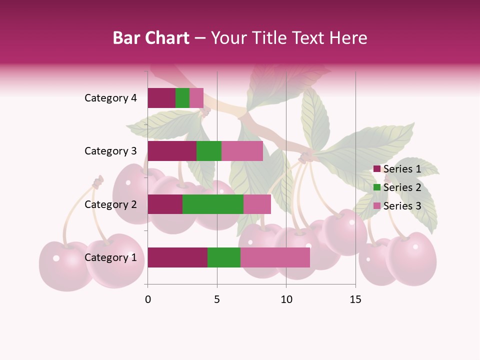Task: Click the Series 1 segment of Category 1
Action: pyautogui.click(x=177, y=257)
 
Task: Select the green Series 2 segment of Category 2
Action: pyautogui.click(x=213, y=204)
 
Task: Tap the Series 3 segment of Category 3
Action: pyautogui.click(x=242, y=151)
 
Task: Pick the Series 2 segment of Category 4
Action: pyautogui.click(x=182, y=98)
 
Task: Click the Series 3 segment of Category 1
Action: pyautogui.click(x=275, y=257)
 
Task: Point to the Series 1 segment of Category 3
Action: pyautogui.click(x=172, y=151)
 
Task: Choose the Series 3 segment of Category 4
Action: pyautogui.click(x=196, y=98)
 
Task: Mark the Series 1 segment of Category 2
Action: pyautogui.click(x=165, y=204)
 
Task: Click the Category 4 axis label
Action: pyautogui.click(x=110, y=98)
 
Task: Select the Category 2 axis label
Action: pyautogui.click(x=110, y=204)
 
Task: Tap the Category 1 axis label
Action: pyautogui.click(x=110, y=257)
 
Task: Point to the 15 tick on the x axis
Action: pyautogui.click(x=355, y=299)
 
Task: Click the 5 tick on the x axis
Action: pyautogui.click(x=217, y=299)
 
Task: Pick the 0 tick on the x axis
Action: pyautogui.click(x=148, y=299)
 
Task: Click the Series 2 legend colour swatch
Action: pyautogui.click(x=377, y=187)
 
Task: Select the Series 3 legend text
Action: pyautogui.click(x=402, y=206)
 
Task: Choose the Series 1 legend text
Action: pyautogui.click(x=402, y=169)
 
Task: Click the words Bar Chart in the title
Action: pyautogui.click(x=151, y=38)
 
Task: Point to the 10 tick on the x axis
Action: pyautogui.click(x=286, y=299)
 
